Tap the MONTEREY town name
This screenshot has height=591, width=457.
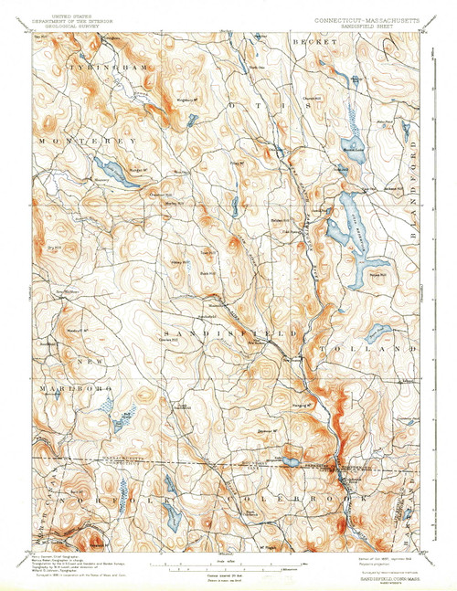(x=87, y=142)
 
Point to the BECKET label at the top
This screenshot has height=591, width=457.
(x=309, y=42)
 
